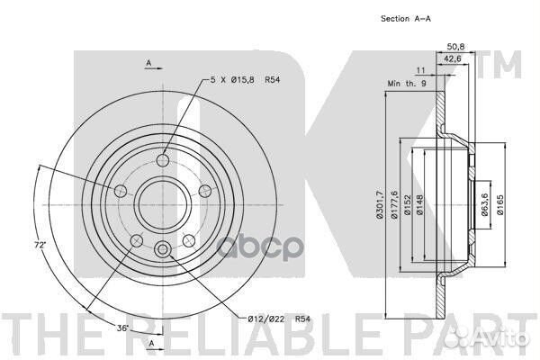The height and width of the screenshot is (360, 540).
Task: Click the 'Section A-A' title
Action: (x=405, y=19)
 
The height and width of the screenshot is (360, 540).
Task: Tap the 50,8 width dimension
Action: (x=455, y=46)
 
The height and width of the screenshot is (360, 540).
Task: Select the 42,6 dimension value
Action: (x=452, y=58)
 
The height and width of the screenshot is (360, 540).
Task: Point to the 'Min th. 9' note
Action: (x=407, y=84)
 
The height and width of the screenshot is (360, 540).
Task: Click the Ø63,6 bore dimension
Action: (x=485, y=204)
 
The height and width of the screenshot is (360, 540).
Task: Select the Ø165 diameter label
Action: (x=500, y=204)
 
